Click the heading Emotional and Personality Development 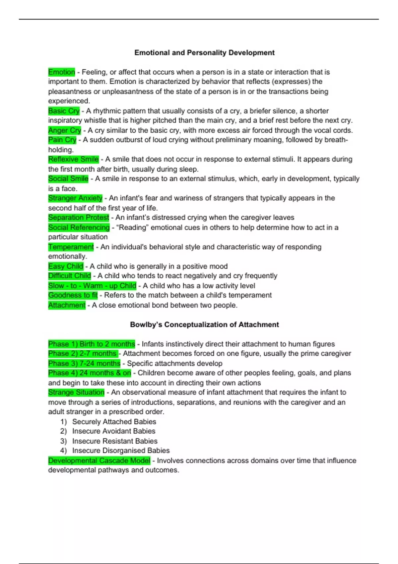pos(204,53)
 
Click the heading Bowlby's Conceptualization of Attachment pos(204,324)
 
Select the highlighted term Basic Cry pos(64,111)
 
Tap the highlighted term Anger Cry pos(65,130)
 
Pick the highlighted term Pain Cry pos(62,140)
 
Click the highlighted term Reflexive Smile pos(73,159)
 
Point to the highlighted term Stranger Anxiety pos(75,198)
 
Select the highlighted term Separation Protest pos(79,218)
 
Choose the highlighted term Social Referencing pos(79,228)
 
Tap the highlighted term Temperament pos(71,247)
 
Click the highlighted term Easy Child pos(66,266)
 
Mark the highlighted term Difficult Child pos(70,276)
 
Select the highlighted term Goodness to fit pos(73,295)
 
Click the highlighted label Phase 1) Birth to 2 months pos(92,344)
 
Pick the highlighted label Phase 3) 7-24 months pos(84,364)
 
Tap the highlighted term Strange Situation pos(76,392)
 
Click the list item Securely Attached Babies pos(114,422)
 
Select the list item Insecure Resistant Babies pos(115,441)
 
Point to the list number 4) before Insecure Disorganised pos(63,451)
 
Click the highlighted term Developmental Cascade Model pos(99,461)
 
